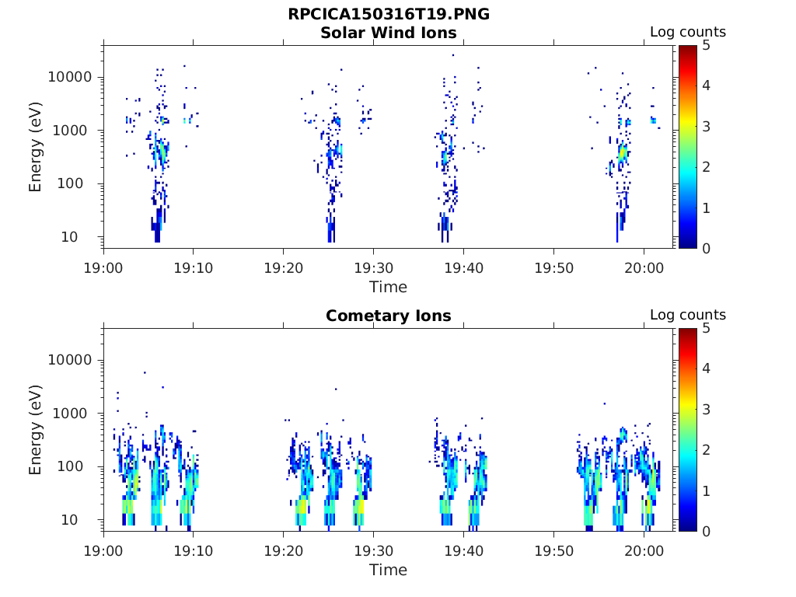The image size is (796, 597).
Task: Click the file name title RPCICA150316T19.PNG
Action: coord(388,14)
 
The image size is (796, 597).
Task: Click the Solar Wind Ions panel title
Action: coord(388,33)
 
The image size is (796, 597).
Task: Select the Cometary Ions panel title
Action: coord(388,316)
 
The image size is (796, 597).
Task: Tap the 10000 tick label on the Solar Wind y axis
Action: coord(71,78)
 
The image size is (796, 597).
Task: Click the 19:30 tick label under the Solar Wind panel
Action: coord(373,267)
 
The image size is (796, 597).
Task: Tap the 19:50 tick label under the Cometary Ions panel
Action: coord(553,550)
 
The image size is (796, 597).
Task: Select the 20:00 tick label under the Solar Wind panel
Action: coord(644,267)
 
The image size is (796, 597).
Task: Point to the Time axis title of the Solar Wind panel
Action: coord(388,287)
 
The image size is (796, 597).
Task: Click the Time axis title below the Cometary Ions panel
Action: coord(388,570)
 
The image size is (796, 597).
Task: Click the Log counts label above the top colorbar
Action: coord(687,33)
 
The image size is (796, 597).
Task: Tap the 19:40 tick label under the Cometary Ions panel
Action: coord(463,550)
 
